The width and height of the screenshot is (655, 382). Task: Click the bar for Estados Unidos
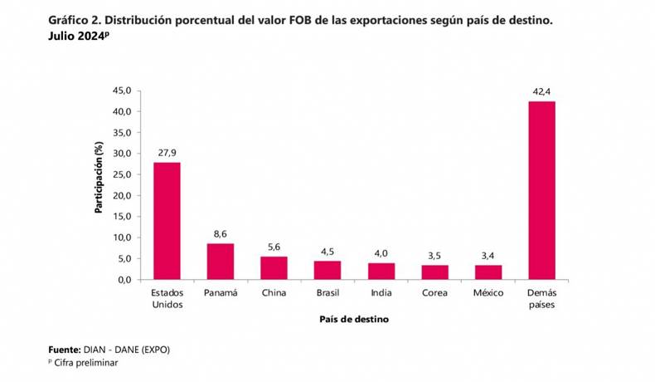(x=167, y=221)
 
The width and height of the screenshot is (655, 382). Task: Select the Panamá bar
(x=221, y=261)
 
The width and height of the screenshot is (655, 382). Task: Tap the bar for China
(x=274, y=267)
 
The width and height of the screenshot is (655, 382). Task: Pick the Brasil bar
(x=327, y=270)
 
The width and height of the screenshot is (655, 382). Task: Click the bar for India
(x=381, y=271)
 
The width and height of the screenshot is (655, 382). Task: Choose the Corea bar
(x=434, y=272)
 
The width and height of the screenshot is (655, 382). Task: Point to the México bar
(x=488, y=272)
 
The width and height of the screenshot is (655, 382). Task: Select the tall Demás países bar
(x=541, y=190)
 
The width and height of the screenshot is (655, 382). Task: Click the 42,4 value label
(x=541, y=90)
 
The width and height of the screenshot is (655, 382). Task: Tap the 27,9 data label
(x=167, y=152)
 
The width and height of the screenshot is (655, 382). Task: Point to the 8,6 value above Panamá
(x=221, y=233)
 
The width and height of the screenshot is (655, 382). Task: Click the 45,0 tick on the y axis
(x=121, y=91)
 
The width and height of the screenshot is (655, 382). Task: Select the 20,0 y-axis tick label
(x=121, y=195)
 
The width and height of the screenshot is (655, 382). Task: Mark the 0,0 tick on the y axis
(x=124, y=280)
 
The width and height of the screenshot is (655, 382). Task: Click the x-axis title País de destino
(x=354, y=319)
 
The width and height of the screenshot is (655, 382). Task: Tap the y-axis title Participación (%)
(x=99, y=176)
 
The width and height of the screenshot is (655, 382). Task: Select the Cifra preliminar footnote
(x=87, y=364)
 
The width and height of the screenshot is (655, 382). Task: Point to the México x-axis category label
(x=488, y=293)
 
